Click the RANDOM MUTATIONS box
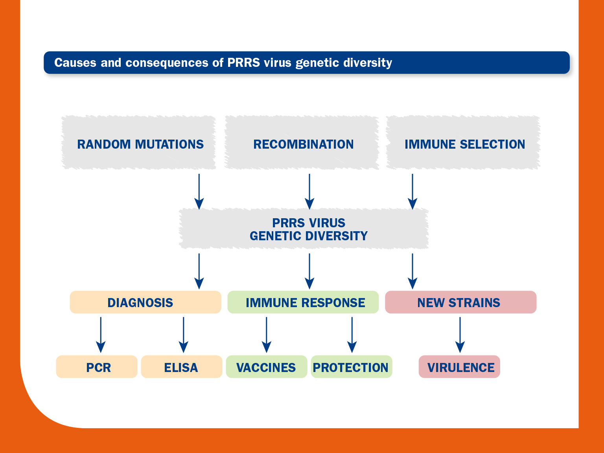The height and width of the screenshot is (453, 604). click(x=138, y=142)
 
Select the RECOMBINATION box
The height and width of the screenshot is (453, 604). click(x=302, y=142)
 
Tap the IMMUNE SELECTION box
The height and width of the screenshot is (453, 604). click(x=463, y=142)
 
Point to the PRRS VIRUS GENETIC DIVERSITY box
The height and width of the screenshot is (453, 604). click(x=304, y=228)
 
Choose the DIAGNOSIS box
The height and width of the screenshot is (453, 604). click(x=145, y=302)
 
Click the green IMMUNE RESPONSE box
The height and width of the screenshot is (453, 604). click(x=303, y=302)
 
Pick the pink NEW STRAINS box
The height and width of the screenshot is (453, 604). click(x=460, y=302)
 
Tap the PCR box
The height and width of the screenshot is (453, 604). click(x=97, y=366)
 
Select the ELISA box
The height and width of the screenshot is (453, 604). click(x=182, y=366)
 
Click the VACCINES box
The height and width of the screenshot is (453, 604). click(x=267, y=366)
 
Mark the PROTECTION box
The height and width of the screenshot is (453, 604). click(x=352, y=366)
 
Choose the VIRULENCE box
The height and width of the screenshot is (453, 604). click(x=459, y=366)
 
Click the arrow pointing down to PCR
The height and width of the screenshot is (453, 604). click(x=101, y=335)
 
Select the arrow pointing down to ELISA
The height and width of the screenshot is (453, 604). click(x=184, y=335)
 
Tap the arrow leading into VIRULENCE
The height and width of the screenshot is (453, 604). click(x=460, y=335)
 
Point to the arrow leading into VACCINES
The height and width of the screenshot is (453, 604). click(x=266, y=335)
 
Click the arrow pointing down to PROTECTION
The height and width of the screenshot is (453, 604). click(x=352, y=335)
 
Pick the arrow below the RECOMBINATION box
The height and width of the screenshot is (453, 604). click(x=309, y=192)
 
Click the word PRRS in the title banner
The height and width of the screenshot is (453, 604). click(x=243, y=63)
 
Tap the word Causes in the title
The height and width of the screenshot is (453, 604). click(x=75, y=63)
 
